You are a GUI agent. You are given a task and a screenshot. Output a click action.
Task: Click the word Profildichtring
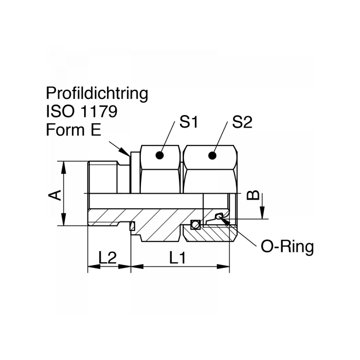tap(97, 94)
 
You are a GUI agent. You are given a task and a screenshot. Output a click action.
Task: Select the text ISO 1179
tap(81, 111)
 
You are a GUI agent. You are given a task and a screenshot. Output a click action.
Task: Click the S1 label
tap(190, 122)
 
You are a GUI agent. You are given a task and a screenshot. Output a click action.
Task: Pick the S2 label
tap(243, 122)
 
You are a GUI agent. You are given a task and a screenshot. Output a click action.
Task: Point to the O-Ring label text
tap(287, 247)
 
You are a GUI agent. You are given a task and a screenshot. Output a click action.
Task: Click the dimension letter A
tap(55, 194)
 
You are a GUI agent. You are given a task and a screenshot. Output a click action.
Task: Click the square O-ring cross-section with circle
tap(195, 224)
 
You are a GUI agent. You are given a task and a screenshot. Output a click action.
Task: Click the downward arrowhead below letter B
tap(263, 214)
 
